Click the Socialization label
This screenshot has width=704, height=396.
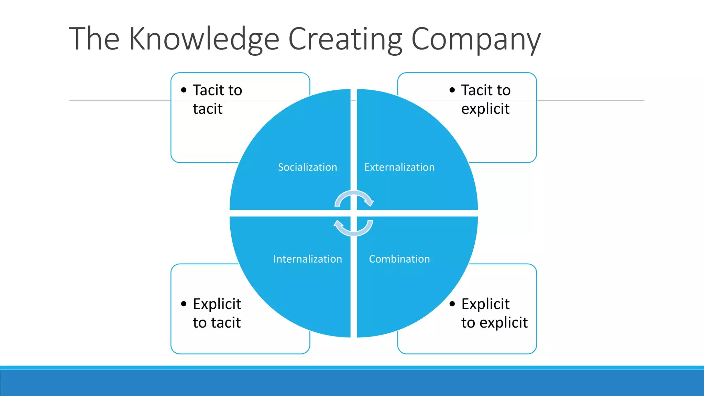[307, 167]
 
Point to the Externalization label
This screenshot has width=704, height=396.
[399, 167]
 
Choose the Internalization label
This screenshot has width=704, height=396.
[308, 259]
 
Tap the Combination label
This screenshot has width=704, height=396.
[399, 259]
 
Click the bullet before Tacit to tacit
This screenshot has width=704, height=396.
[184, 90]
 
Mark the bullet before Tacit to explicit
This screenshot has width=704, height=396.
[452, 90]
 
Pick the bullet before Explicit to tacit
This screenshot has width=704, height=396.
[184, 304]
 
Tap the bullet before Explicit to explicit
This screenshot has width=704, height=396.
[452, 304]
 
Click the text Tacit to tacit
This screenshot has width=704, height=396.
[217, 99]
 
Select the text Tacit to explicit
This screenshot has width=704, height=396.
[486, 99]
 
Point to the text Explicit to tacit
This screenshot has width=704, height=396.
[217, 313]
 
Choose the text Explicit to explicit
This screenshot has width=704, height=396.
[494, 313]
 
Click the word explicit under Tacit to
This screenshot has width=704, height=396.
[485, 109]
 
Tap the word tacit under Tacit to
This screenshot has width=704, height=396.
[208, 109]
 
